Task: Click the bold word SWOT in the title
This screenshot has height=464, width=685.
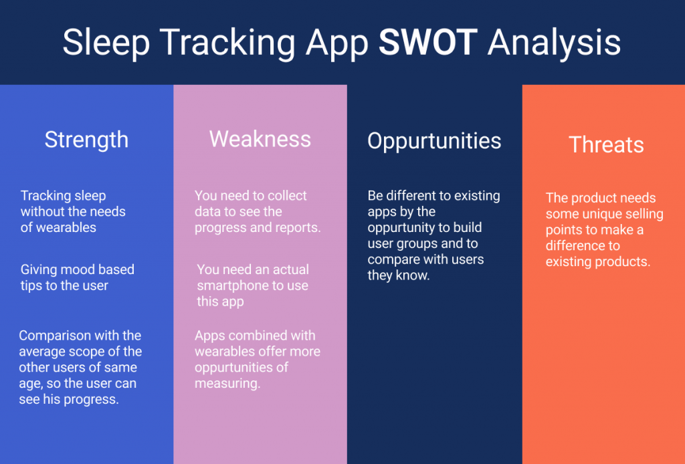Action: pyautogui.click(x=427, y=42)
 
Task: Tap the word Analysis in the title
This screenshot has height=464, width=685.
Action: pyautogui.click(x=554, y=44)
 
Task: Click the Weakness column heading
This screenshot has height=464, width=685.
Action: pyautogui.click(x=260, y=139)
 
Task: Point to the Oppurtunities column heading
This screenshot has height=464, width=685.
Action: pyautogui.click(x=434, y=142)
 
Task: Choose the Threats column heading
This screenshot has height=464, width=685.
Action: pyautogui.click(x=606, y=144)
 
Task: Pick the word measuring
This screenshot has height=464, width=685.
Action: pyautogui.click(x=227, y=384)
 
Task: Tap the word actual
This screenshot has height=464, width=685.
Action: pyautogui.click(x=290, y=269)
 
